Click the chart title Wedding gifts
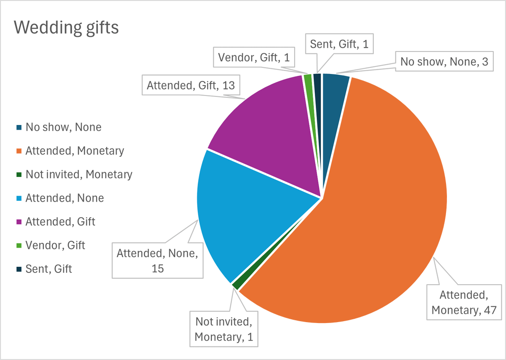click(67, 28)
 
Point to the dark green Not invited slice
click(236, 284)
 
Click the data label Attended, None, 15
click(157, 260)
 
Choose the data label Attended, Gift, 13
click(190, 86)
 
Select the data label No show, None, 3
click(445, 62)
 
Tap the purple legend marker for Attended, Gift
click(19, 222)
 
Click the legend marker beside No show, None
click(19, 127)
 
